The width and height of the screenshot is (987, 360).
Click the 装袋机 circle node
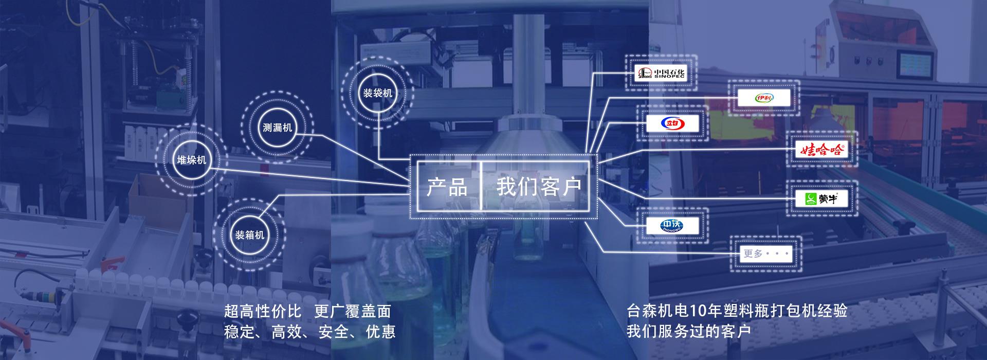[378, 93]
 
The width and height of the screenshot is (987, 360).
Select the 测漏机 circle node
[277, 128]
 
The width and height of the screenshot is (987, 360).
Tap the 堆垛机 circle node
[191, 160]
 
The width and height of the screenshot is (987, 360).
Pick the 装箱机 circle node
[250, 235]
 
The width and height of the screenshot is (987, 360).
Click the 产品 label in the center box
[447, 187]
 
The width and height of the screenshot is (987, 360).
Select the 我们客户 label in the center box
[539, 187]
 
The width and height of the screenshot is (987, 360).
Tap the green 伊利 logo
[763, 98]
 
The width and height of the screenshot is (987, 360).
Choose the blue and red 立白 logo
[672, 123]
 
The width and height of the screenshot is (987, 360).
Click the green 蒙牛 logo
[821, 199]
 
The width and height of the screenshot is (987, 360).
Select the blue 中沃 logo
[672, 225]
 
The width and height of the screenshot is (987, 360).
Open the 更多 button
[766, 254]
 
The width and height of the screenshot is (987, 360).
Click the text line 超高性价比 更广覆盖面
[307, 311]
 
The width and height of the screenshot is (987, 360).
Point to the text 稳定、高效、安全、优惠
[309, 332]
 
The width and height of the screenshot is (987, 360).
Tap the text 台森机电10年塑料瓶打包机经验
[736, 311]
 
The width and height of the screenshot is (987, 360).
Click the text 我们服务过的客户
[688, 331]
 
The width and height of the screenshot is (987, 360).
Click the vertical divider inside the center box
[481, 186]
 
